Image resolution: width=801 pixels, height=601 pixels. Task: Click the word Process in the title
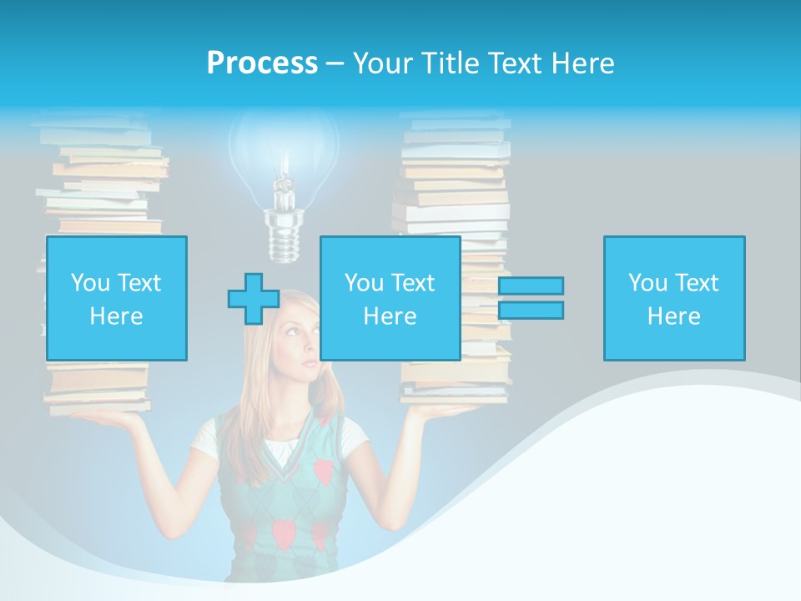[262, 63]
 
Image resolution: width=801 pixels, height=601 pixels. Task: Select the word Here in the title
[582, 63]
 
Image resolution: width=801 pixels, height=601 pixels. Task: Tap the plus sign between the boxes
[254, 299]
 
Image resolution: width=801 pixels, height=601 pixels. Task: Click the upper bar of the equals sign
[531, 285]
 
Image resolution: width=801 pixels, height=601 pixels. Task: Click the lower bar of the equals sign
[531, 311]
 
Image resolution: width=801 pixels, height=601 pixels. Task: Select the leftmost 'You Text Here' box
[117, 298]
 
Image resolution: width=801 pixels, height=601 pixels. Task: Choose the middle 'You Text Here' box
[390, 298]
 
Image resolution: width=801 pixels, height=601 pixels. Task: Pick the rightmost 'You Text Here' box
[674, 298]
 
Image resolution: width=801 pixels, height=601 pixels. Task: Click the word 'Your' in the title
[385, 63]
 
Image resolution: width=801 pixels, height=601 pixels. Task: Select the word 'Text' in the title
[514, 63]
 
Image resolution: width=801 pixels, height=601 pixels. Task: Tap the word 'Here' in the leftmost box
[117, 316]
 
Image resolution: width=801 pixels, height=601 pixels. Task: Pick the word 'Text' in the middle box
[412, 283]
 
